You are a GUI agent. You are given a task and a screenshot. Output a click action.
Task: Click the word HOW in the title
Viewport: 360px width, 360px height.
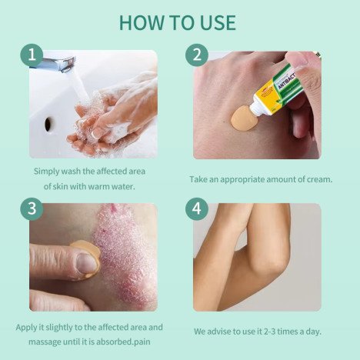click(x=142, y=22)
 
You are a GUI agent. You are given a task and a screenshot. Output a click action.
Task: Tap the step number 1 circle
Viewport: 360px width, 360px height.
click(x=32, y=55)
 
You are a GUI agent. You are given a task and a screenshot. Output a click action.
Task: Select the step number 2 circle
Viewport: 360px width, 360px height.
click(x=197, y=55)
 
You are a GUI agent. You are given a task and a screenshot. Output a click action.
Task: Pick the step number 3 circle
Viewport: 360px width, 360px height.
click(x=32, y=208)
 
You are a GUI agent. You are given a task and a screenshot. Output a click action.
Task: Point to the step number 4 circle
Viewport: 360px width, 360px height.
click(x=197, y=208)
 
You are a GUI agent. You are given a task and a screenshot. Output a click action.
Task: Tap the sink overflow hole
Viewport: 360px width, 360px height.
click(x=48, y=124)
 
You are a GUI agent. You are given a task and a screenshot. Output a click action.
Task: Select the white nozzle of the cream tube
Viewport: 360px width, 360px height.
click(x=257, y=108)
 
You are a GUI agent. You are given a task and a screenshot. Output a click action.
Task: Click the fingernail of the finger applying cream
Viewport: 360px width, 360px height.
click(x=86, y=263)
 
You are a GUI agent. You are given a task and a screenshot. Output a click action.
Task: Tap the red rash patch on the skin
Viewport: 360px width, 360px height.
click(x=125, y=256)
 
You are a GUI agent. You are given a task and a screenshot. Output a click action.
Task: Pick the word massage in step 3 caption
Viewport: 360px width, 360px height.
click(x=45, y=342)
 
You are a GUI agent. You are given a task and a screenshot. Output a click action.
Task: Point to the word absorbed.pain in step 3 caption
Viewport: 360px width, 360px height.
click(x=123, y=342)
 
